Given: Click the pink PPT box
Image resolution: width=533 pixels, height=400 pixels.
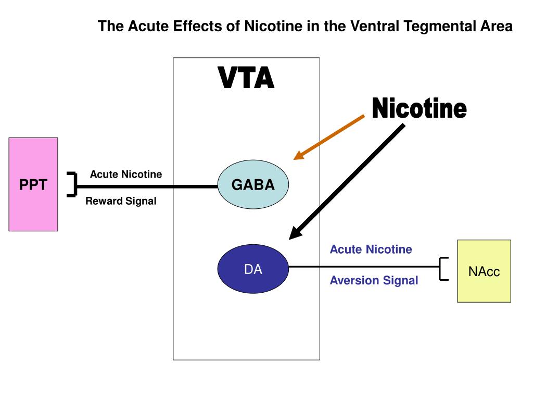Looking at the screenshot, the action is coord(33,184).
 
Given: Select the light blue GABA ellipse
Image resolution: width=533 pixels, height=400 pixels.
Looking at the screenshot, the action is coord(253,184).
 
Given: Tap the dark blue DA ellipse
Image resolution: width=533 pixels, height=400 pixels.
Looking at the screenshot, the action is coord(253,269).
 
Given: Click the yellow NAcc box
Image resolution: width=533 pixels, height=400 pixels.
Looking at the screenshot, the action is coord(484,271).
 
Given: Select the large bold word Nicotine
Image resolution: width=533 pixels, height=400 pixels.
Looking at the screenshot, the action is coord(419,108).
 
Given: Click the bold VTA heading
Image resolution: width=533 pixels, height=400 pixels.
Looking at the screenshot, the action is coord(246,78).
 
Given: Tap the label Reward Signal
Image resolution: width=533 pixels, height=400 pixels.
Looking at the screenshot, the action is coord(121,201).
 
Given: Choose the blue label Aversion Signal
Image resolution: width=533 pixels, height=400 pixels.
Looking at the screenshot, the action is coord(374,280).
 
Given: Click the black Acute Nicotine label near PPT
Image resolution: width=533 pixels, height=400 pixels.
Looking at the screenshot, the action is coord(126,174).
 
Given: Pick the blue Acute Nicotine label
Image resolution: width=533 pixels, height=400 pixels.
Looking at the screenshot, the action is coord(371,249).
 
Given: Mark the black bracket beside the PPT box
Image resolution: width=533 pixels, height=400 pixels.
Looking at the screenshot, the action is coord(72,184).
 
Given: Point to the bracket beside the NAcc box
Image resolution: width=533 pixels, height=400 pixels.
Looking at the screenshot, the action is coord(443,269).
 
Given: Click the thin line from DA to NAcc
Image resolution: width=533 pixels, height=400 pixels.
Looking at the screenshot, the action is coord(364,267).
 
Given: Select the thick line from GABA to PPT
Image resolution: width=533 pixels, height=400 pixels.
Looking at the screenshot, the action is coord(147,186).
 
